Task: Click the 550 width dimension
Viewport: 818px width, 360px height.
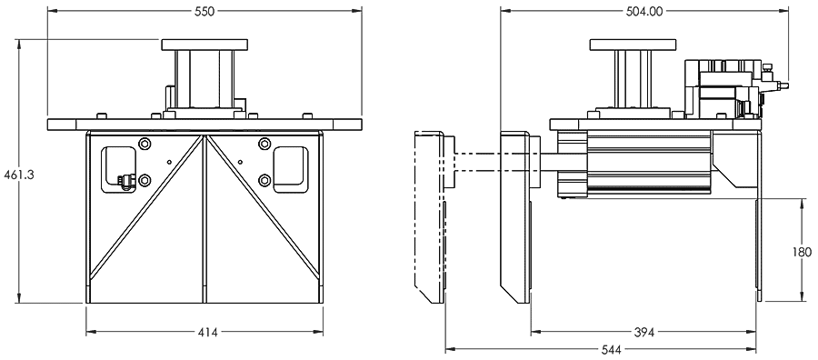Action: (204, 11)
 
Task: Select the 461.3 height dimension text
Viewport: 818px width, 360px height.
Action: (19, 175)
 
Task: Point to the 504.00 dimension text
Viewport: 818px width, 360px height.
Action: (644, 11)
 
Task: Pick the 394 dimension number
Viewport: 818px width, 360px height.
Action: (643, 332)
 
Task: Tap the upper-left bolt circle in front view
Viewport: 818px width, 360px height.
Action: (145, 143)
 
